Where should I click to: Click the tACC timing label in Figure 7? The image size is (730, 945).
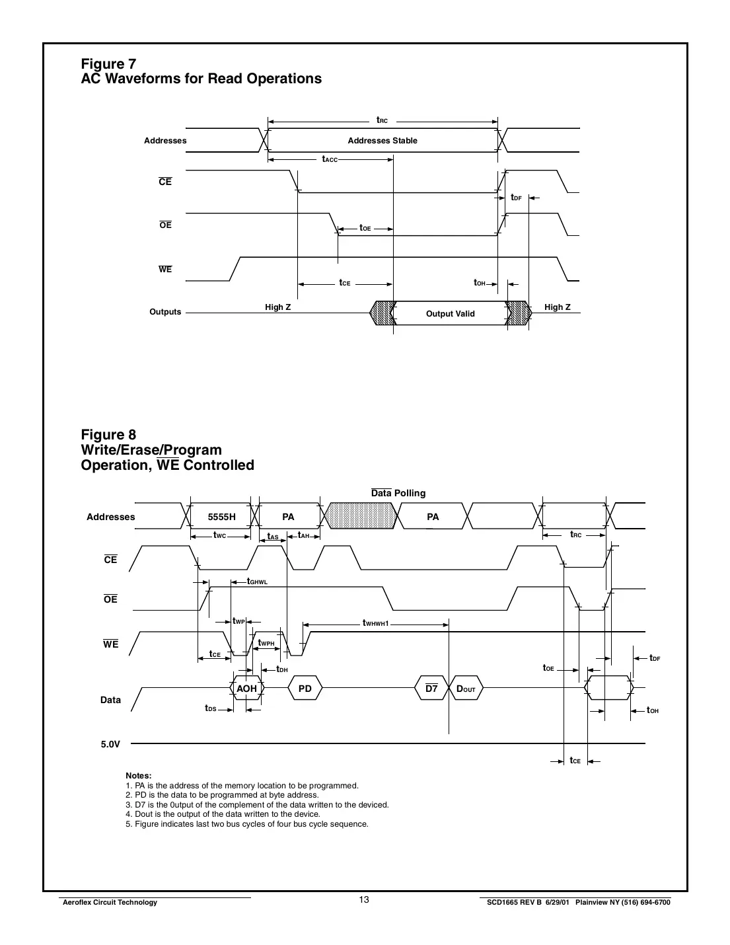click(x=330, y=159)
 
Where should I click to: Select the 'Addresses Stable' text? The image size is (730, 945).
click(x=383, y=141)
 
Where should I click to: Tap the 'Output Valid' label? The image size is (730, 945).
click(x=450, y=314)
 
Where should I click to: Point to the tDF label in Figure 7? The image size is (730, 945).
click(x=516, y=198)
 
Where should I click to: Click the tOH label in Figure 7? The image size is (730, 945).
click(x=480, y=283)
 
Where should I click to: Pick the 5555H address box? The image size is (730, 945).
click(x=221, y=517)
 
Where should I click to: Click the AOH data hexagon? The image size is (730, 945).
click(x=246, y=689)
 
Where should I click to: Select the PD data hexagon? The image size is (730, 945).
click(x=305, y=689)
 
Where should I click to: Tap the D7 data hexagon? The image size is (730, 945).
click(x=431, y=689)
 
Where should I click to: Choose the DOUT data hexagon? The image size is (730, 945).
click(x=466, y=689)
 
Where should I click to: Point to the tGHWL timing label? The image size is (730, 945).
click(x=257, y=582)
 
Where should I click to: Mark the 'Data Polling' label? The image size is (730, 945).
click(x=398, y=493)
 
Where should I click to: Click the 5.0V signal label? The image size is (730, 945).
click(x=110, y=744)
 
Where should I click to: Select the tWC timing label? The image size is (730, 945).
click(x=220, y=535)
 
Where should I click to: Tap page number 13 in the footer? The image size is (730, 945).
click(x=364, y=900)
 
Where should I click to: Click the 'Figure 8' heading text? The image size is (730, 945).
click(x=108, y=435)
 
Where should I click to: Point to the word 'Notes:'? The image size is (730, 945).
click(x=139, y=776)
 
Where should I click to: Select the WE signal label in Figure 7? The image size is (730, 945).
click(x=165, y=269)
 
